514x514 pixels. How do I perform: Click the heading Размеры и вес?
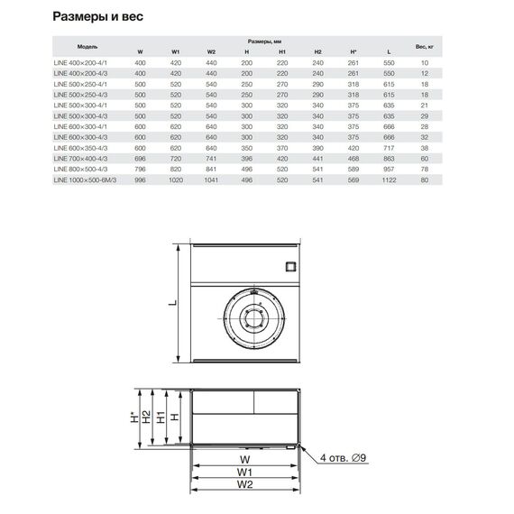tap(97, 16)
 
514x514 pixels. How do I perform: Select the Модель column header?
tap(87, 47)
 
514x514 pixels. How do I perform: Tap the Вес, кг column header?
tap(425, 47)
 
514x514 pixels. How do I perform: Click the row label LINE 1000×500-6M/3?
tap(85, 180)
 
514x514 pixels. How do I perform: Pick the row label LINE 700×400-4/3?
tap(80, 159)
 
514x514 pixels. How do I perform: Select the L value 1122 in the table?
tap(389, 180)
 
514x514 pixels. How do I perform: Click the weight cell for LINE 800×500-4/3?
tap(425, 170)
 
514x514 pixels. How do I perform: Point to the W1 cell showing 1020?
tap(176, 180)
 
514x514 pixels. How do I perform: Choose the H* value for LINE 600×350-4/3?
tap(353, 148)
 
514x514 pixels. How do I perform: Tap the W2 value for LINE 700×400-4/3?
tap(211, 159)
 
